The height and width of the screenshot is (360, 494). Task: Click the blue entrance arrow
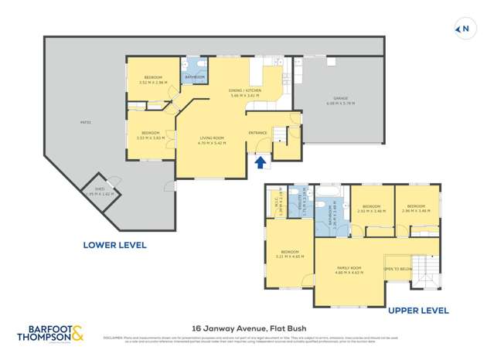(261, 162)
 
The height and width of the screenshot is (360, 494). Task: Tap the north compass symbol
(463, 30)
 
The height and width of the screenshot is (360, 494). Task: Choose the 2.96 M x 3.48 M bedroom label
(417, 208)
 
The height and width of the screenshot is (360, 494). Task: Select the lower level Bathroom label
(194, 77)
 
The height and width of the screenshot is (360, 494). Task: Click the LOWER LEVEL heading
(114, 245)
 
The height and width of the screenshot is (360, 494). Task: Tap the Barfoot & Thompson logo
(51, 334)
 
